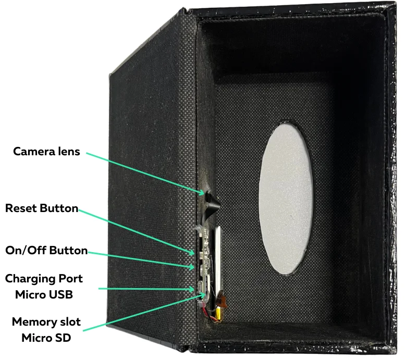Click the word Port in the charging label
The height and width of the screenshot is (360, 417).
tap(71, 278)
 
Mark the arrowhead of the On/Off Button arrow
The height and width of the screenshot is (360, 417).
tap(194, 266)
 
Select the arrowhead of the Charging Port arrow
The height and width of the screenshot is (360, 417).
tap(194, 288)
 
